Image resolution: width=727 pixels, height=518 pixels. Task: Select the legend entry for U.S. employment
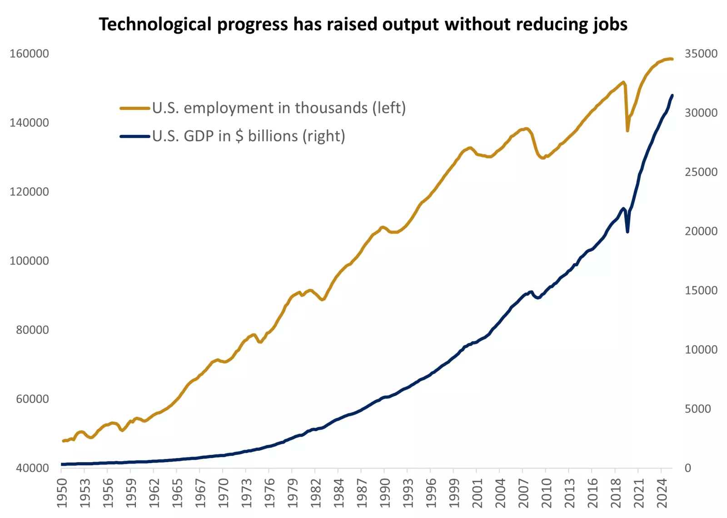[279, 108]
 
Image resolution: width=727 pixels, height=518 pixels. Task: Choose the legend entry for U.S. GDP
[249, 136]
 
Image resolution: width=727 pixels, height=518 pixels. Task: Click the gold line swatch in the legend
[135, 108]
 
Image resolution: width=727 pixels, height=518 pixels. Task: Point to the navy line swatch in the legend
[135, 136]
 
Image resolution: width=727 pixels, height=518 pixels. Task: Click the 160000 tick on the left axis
[29, 54]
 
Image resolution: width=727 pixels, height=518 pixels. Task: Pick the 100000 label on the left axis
[29, 261]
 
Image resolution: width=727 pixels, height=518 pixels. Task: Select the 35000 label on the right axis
[701, 54]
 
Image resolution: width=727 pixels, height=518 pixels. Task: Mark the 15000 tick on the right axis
[701, 290]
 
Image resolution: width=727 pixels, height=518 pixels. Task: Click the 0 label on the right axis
[688, 468]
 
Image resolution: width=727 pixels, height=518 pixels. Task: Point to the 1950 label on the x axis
[62, 493]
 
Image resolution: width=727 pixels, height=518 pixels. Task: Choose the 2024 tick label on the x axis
[662, 493]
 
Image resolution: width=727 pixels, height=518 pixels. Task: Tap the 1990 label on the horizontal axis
[385, 493]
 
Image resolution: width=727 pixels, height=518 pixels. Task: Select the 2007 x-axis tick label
[523, 493]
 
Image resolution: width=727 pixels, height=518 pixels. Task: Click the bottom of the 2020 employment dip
[627, 130]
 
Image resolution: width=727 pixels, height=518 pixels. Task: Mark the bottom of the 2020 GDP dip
[627, 232]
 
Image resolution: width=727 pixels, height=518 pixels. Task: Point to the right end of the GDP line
[672, 95]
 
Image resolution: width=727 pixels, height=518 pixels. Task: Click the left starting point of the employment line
[63, 441]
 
